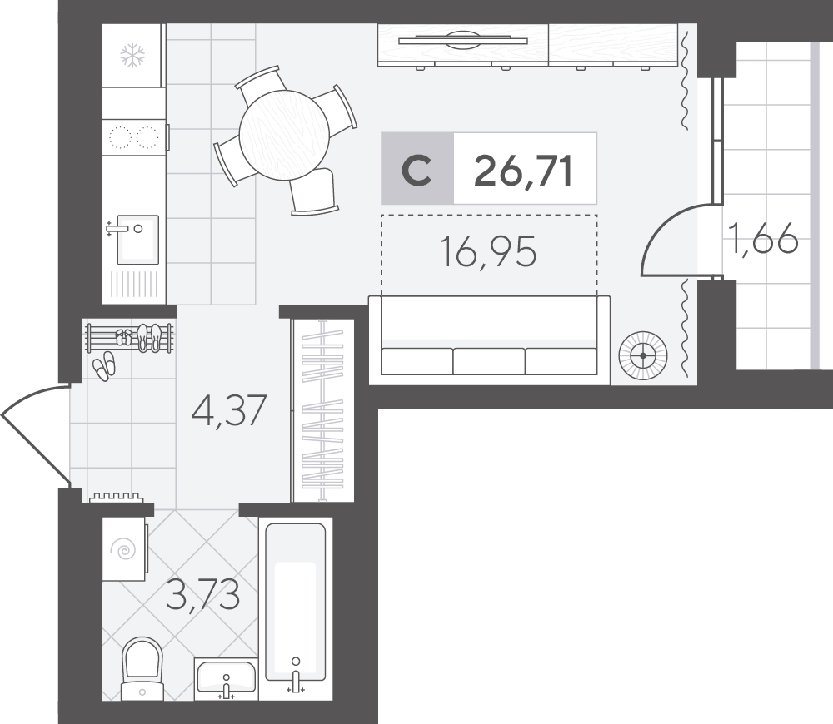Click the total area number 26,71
523,171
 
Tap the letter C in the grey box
416,171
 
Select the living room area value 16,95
489,252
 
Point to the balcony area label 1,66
764,238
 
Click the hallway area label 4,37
229,410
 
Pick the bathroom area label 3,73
203,595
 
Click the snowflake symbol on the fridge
132,55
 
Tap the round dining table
284,135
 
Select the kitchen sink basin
137,240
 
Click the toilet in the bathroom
142,669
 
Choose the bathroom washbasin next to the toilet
226,677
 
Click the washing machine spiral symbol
126,550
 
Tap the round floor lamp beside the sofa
643,355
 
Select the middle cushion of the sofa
489,361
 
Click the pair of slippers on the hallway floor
103,366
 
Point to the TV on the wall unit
462,40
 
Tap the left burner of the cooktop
120,137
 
